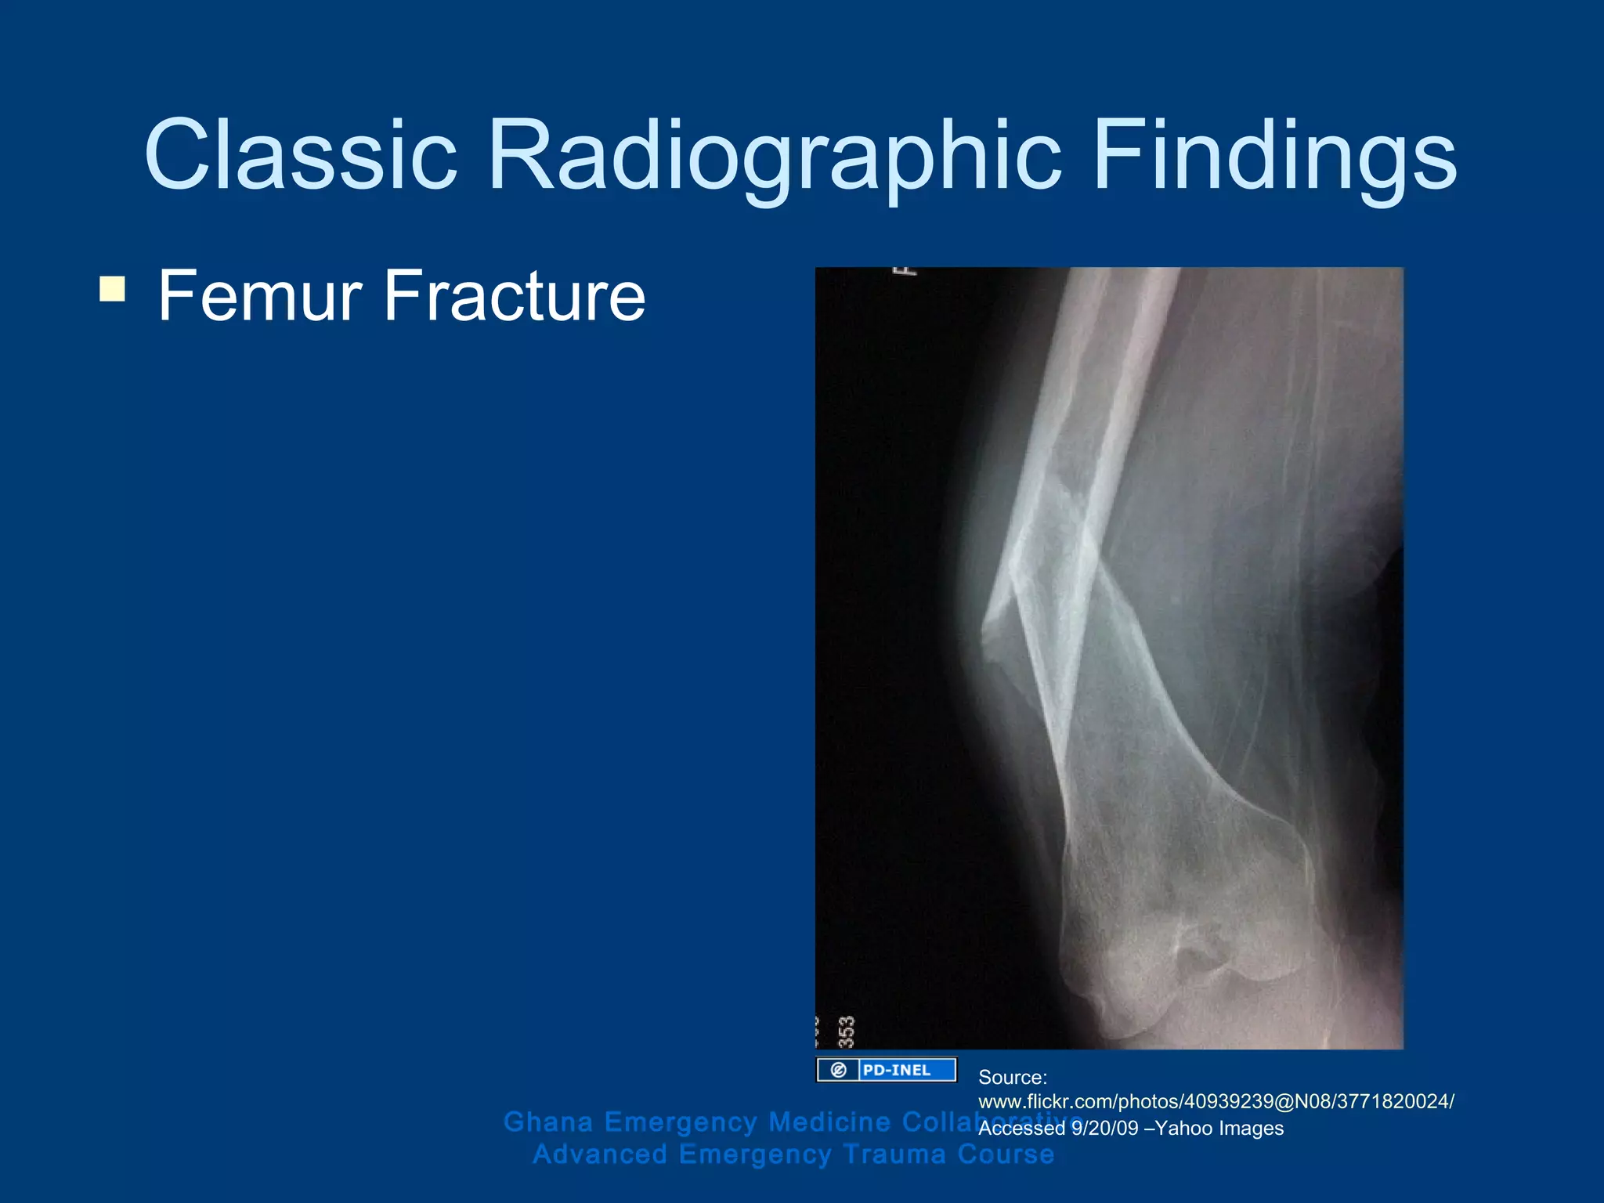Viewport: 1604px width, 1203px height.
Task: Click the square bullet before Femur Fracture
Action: click(112, 289)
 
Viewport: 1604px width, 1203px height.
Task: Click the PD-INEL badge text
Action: click(897, 1070)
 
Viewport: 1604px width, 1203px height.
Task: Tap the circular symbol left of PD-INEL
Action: click(839, 1070)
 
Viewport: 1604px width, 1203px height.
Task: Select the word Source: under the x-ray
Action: click(1013, 1078)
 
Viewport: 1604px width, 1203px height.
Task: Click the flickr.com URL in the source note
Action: click(1216, 1102)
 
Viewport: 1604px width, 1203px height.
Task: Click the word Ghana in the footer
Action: click(548, 1122)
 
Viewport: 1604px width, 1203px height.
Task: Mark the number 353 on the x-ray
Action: click(847, 1031)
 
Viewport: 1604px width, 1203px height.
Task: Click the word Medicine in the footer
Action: click(829, 1122)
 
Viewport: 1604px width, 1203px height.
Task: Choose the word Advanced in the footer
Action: click(600, 1154)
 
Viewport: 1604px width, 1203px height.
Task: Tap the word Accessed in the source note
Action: click(1021, 1129)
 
